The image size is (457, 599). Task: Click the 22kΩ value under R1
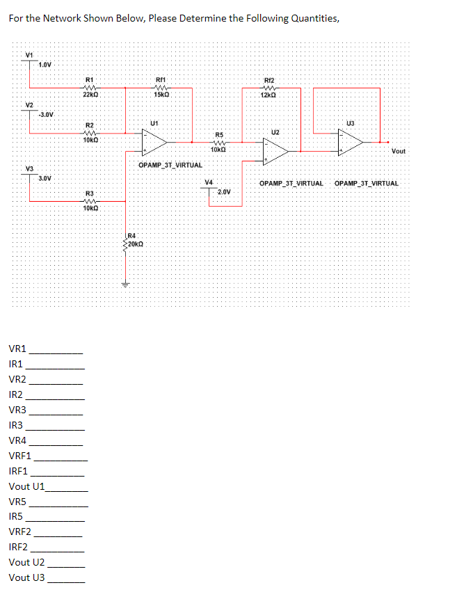tap(90, 94)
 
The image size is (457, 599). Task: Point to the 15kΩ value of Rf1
tap(161, 94)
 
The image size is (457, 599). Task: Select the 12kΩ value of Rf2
tap(268, 95)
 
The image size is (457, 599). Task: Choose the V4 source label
tap(209, 182)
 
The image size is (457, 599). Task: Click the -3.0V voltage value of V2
tap(47, 114)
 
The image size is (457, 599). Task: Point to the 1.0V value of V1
tap(45, 65)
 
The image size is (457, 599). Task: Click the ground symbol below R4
tap(126, 284)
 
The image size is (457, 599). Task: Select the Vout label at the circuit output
tap(399, 151)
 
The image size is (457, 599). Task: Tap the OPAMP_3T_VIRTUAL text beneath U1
tap(170, 166)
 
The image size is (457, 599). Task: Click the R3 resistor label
tap(89, 193)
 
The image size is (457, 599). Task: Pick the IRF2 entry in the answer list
tap(19, 547)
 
